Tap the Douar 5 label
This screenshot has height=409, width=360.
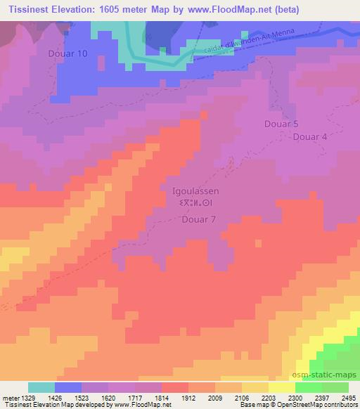pyautogui.click(x=281, y=124)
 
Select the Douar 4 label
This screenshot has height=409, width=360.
pyautogui.click(x=309, y=137)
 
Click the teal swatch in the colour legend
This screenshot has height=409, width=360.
pyautogui.click(x=41, y=387)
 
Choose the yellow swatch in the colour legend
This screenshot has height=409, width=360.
pyautogui.click(x=281, y=387)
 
